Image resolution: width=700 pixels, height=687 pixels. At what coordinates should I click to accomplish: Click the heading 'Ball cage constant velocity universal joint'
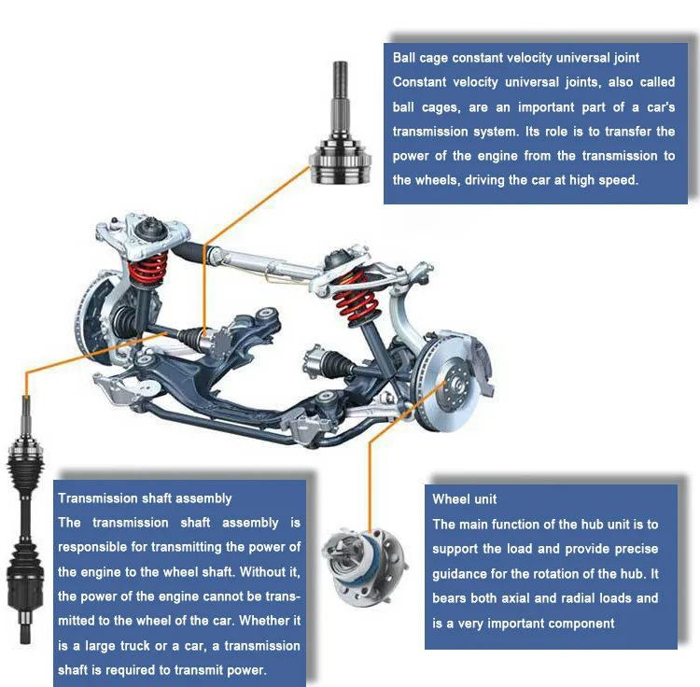[515, 58]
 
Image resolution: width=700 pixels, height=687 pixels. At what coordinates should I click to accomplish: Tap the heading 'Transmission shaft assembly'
[145, 498]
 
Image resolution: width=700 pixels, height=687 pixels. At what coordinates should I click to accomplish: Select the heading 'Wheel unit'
[464, 499]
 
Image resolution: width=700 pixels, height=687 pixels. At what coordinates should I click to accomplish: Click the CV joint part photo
[340, 123]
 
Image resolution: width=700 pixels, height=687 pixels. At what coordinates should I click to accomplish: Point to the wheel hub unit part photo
[364, 566]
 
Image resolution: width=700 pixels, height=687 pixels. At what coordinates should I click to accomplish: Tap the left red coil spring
[148, 267]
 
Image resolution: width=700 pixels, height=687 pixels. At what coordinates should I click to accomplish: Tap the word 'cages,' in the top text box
[441, 107]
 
